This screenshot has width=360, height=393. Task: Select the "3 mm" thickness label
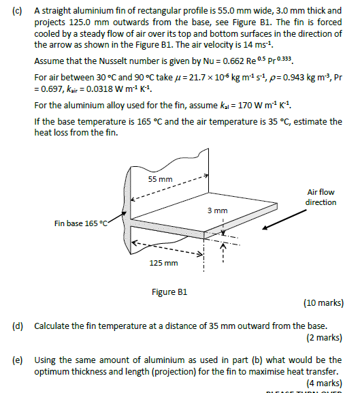(217, 210)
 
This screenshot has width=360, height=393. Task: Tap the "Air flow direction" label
(321, 198)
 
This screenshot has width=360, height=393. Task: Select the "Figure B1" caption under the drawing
(169, 292)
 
